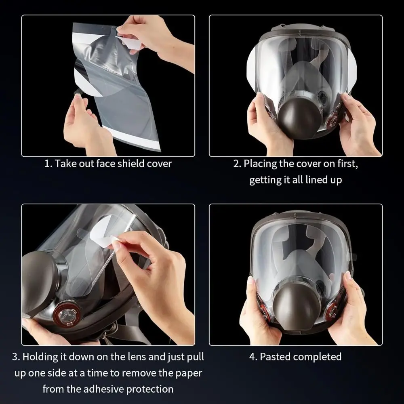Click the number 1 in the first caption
coord(47,164)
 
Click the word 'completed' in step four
coord(318,357)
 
